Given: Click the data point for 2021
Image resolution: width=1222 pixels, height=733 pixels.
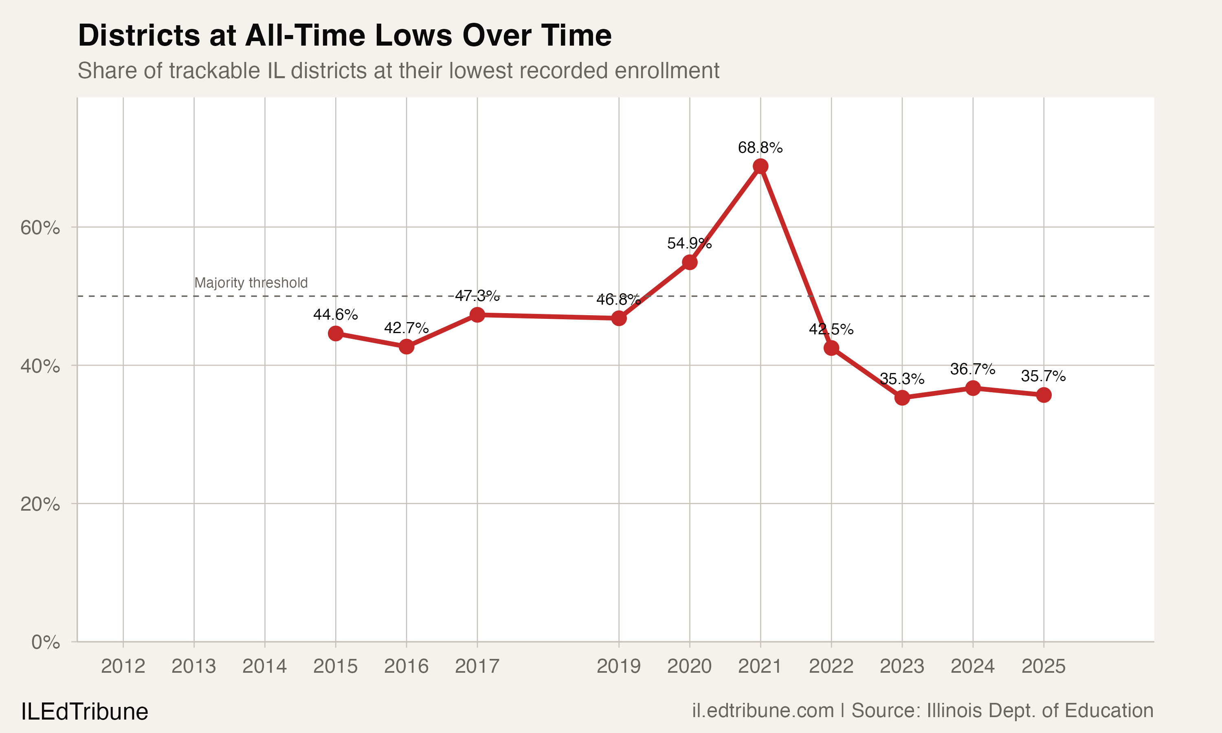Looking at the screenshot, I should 760,166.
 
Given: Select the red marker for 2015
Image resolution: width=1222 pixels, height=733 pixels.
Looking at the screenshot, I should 335,334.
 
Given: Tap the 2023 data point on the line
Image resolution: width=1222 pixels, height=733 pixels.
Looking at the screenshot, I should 902,397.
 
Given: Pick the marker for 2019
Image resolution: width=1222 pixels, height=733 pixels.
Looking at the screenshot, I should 619,318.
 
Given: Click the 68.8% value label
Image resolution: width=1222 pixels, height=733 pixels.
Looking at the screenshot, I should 760,147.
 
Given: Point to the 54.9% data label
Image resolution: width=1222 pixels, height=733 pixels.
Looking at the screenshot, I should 689,243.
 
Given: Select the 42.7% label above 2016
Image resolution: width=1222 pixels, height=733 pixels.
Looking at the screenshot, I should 406,327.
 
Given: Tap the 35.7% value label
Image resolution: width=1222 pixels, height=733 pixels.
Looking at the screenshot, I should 1043,376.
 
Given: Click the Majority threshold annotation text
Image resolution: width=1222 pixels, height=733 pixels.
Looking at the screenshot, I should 251,283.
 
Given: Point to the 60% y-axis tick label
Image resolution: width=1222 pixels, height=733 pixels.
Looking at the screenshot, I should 40,228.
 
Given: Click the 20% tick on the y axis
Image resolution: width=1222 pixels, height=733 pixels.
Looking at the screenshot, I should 40,504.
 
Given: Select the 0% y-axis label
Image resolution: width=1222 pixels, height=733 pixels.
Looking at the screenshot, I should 46,642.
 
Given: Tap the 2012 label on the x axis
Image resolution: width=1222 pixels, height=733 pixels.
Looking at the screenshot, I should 123,666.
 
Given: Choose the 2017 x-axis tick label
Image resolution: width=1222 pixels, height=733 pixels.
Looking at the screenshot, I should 477,666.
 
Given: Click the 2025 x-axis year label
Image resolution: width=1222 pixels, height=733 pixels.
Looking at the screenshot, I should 1043,666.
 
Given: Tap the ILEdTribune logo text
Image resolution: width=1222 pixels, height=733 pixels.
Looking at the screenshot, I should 84,711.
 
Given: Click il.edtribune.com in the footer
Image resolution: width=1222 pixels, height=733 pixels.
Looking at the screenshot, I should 763,710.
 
